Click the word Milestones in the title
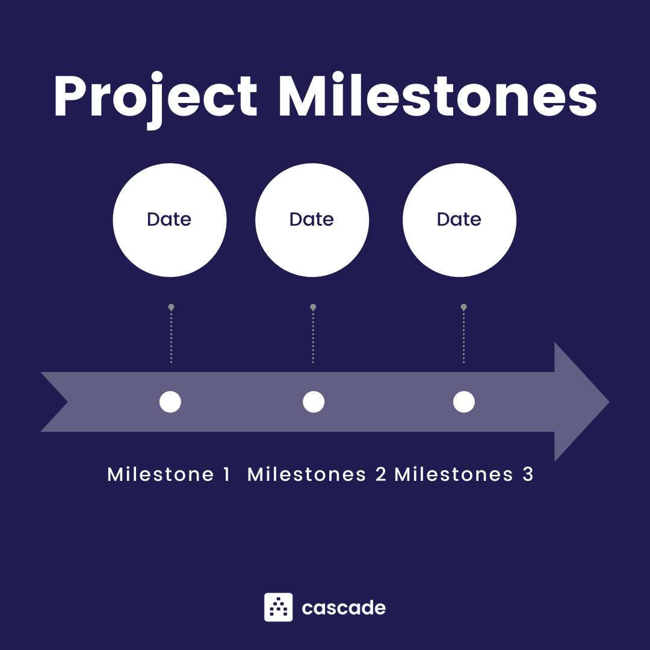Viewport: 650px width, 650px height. [x=438, y=96]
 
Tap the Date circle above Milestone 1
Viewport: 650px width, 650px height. [x=169, y=220]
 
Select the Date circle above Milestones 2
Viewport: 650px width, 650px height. [x=312, y=220]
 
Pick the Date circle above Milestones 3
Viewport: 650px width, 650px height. [x=459, y=220]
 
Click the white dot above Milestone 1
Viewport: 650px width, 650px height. [x=170, y=401]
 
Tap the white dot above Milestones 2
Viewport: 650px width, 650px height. [x=314, y=401]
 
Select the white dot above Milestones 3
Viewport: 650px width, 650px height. [x=464, y=401]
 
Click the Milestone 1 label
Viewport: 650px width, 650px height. [x=169, y=474]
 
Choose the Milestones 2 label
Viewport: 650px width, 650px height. [x=317, y=474]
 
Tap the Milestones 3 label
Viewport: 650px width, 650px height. [x=463, y=474]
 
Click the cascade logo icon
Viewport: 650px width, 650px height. [x=278, y=607]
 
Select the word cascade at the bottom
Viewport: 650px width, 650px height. [x=344, y=608]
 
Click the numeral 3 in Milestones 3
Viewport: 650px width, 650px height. [x=528, y=474]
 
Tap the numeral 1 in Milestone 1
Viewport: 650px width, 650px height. [x=226, y=474]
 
